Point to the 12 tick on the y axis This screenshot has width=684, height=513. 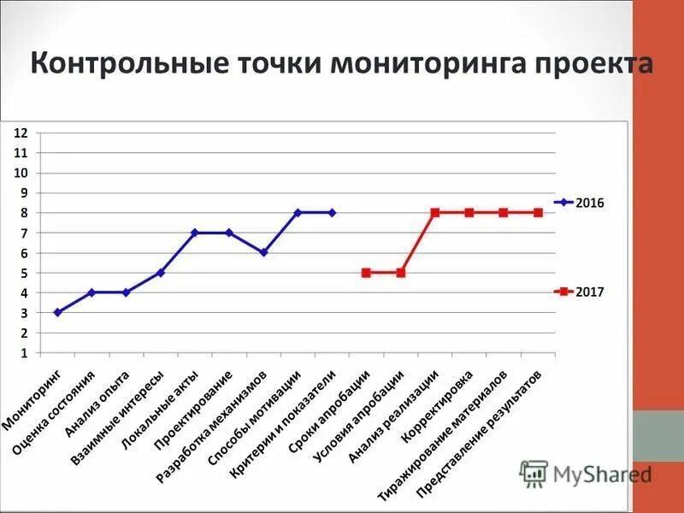21,133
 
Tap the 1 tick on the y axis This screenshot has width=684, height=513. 25,352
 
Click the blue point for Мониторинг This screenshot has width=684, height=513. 57,312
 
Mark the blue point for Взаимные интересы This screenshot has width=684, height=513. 161,273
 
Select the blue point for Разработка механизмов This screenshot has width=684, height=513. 263,252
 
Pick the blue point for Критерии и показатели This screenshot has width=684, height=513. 332,212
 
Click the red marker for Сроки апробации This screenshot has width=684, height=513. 366,273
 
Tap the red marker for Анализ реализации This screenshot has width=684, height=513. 434,212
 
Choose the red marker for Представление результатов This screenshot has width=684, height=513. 538,212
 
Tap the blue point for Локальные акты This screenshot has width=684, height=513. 195,233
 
